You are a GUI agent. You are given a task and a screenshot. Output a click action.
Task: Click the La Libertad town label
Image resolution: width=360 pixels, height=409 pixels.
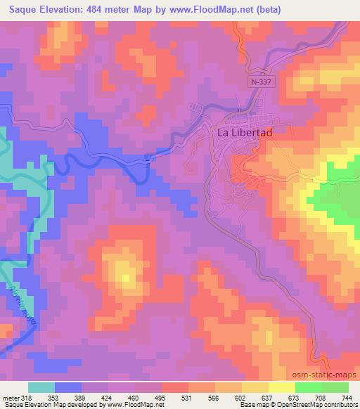[243, 133]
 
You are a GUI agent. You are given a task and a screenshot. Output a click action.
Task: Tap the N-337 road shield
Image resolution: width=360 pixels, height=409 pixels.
[261, 82]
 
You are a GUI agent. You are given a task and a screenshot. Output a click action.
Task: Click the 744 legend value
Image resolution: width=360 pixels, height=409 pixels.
[347, 397]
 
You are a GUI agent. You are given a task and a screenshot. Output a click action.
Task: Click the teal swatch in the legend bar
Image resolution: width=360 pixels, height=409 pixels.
[41, 387]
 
